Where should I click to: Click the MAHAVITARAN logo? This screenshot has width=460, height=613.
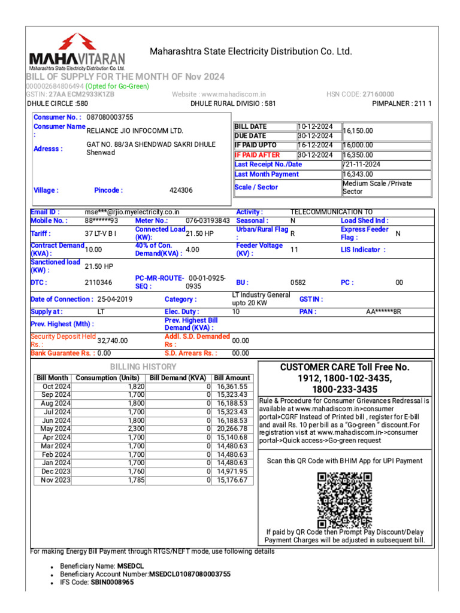(x=77, y=53)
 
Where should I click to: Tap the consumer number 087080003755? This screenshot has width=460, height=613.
(x=110, y=117)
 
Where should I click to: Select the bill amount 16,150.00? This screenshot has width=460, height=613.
(x=358, y=131)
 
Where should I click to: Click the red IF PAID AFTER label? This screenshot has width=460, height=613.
(x=257, y=155)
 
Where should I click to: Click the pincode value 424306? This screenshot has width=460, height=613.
(x=181, y=190)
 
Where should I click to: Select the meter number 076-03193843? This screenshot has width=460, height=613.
(x=208, y=221)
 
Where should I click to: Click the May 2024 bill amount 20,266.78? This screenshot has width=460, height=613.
(x=232, y=429)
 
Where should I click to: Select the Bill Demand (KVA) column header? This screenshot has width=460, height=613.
(x=177, y=378)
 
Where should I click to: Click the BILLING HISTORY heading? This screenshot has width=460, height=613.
(x=143, y=366)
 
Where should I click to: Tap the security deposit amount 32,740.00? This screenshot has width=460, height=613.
(x=113, y=340)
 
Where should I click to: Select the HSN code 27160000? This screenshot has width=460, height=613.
(x=377, y=95)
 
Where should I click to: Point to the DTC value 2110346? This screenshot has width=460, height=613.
(x=98, y=283)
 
